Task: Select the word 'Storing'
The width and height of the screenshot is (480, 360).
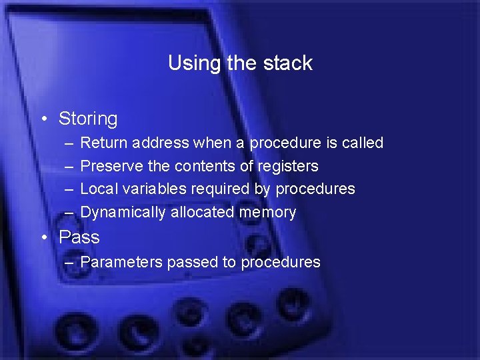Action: (x=88, y=119)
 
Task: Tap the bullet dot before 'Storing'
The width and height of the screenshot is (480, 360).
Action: (x=43, y=119)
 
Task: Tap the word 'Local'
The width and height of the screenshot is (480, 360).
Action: (x=98, y=189)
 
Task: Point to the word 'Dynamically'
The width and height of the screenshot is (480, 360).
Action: (x=123, y=213)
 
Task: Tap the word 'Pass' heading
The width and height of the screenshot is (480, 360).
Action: (x=79, y=237)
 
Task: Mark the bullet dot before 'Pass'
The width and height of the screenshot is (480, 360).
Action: (x=43, y=237)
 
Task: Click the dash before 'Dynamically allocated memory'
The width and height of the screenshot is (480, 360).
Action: (x=69, y=213)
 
